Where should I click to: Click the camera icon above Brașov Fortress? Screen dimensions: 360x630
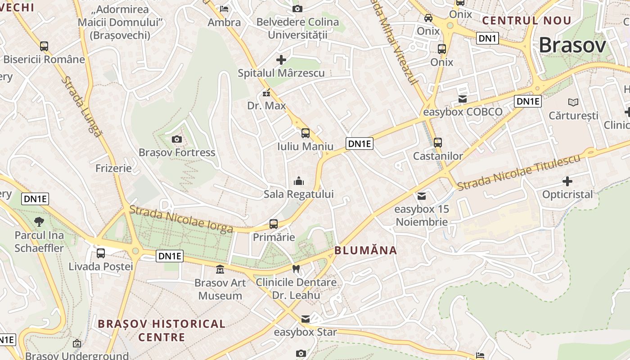point(177,139)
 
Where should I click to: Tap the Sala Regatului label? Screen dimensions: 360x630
point(299,194)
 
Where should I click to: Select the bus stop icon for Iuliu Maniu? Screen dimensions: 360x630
point(306,133)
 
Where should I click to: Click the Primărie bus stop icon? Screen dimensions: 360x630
point(273,224)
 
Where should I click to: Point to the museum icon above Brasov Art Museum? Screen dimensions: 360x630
point(220,270)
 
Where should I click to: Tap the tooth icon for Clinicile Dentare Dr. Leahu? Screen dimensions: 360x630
point(296,269)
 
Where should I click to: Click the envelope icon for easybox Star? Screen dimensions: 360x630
point(306,319)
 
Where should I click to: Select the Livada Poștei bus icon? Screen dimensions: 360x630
point(101,253)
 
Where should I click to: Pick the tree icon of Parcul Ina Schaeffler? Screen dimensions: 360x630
point(39,221)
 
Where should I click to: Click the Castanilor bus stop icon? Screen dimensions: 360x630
point(438,143)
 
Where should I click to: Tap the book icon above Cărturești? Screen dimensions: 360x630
point(573,102)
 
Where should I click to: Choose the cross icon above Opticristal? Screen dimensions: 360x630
point(567,181)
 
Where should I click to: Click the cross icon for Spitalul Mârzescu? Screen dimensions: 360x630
point(281,59)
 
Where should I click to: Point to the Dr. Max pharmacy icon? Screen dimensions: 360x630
point(266,93)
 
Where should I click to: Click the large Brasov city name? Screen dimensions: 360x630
point(572,45)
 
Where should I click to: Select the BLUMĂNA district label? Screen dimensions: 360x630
point(366,251)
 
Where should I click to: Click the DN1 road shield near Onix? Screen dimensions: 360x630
point(487,39)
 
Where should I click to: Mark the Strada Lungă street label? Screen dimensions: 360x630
point(81,106)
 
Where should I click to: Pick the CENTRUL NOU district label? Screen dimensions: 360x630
point(526,21)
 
